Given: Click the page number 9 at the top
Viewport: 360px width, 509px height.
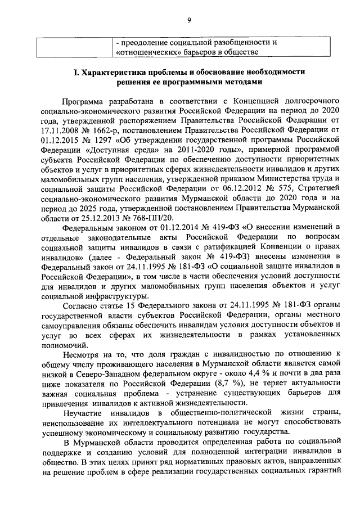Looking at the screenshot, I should (x=189, y=21).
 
